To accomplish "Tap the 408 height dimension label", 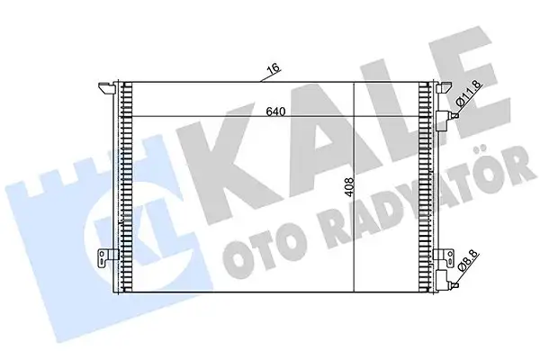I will (349, 187).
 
